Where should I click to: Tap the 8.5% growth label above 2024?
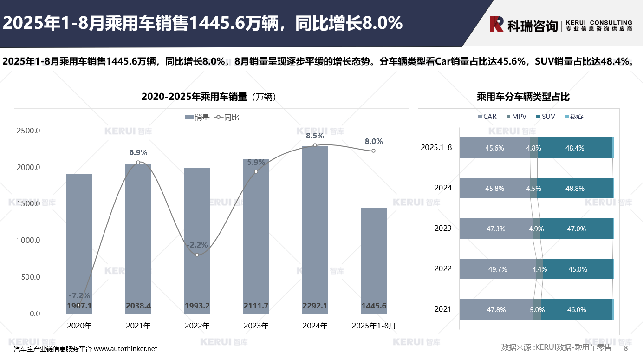point(315,136)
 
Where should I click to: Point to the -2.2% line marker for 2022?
point(197,255)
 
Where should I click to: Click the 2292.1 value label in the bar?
point(315,306)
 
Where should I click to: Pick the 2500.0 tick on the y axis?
point(28,131)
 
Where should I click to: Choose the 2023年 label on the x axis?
point(256,326)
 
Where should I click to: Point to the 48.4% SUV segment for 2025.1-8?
point(575,148)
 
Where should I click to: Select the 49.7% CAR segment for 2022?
point(498,269)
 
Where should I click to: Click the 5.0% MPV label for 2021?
point(537,309)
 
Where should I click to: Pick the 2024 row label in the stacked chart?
point(443,188)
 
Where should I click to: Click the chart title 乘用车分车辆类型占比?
point(523,97)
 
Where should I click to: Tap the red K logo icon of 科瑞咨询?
point(497,24)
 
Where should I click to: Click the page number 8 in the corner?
point(625,348)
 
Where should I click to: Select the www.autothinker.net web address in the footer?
point(125,349)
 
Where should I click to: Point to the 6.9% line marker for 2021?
point(138,162)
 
